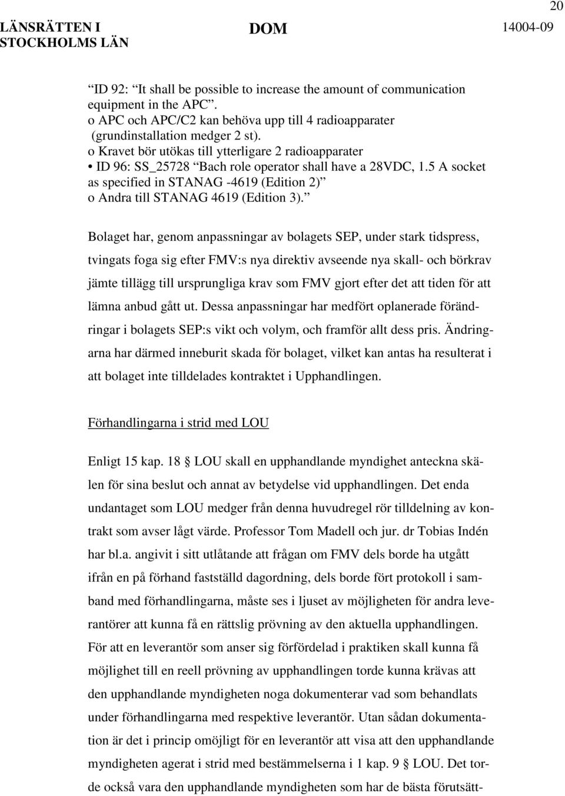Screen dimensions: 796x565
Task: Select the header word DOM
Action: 268,29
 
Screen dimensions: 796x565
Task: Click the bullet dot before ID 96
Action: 91,151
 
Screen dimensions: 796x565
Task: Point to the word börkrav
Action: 471,260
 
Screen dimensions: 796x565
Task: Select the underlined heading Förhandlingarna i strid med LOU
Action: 178,423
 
